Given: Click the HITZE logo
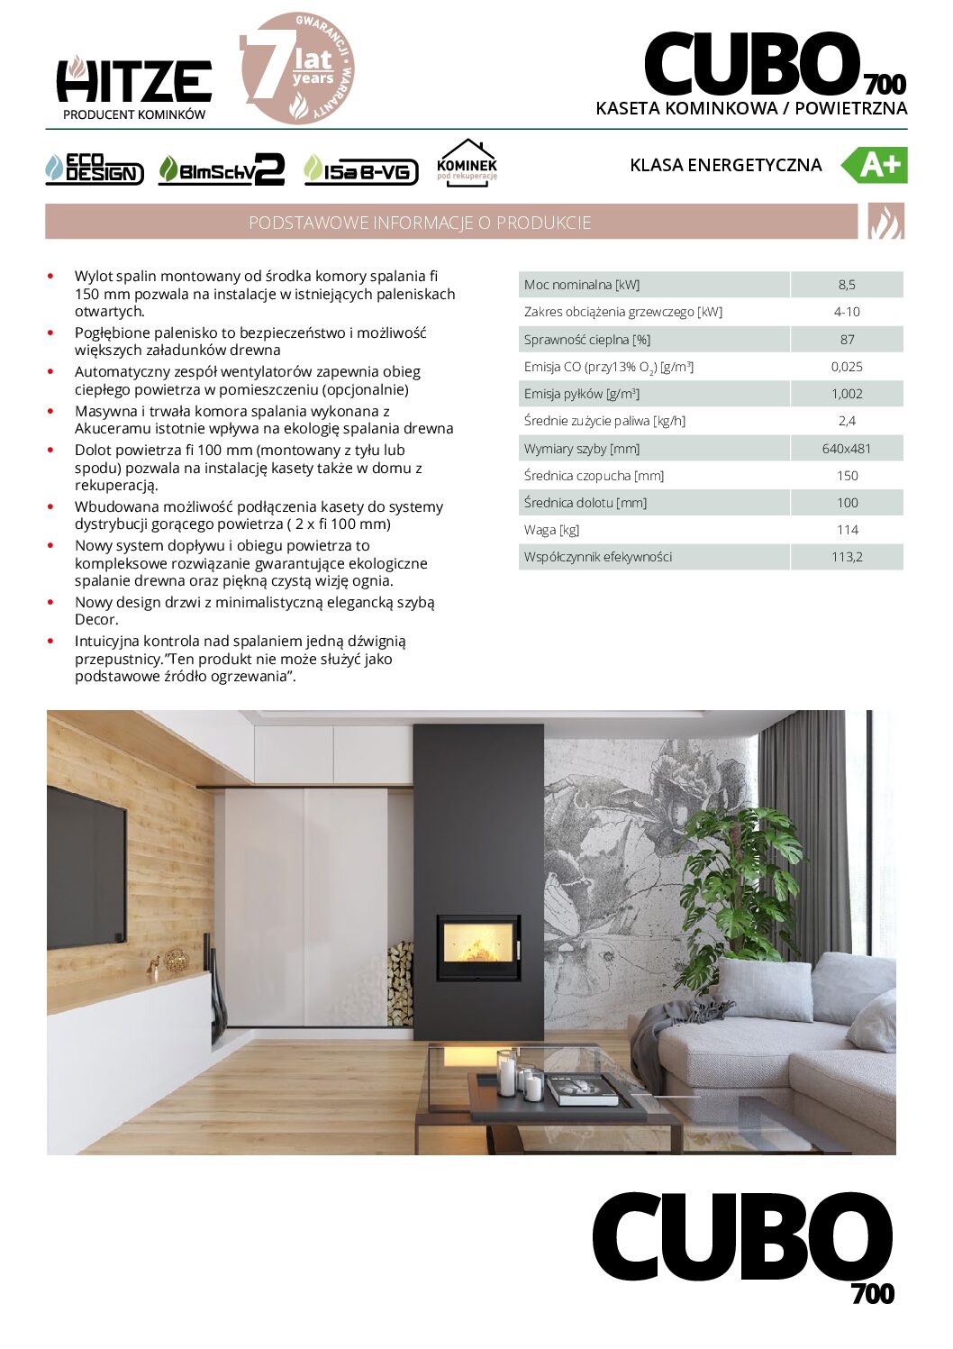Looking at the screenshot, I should click(x=133, y=83).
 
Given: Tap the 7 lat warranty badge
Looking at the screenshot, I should click(x=298, y=68).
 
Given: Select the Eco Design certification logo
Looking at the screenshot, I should click(x=94, y=169).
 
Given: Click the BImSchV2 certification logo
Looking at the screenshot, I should click(x=222, y=169).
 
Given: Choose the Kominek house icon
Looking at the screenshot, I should click(x=467, y=162).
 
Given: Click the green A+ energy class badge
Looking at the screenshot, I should click(x=875, y=165).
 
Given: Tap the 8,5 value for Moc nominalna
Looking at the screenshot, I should click(x=847, y=285).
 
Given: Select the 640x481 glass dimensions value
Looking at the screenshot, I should click(x=847, y=449).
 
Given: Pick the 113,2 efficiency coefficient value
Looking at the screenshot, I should click(x=847, y=557).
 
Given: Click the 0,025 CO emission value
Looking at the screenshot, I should click(x=847, y=367).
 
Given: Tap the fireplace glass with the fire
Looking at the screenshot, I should click(x=478, y=947).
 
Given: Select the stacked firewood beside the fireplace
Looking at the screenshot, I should click(x=400, y=983).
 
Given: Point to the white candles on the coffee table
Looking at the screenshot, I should click(x=519, y=1077).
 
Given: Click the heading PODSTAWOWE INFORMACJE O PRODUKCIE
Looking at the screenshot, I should click(x=420, y=223).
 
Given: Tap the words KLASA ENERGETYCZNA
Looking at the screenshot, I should click(x=726, y=165).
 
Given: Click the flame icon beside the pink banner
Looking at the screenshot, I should click(x=885, y=222).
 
